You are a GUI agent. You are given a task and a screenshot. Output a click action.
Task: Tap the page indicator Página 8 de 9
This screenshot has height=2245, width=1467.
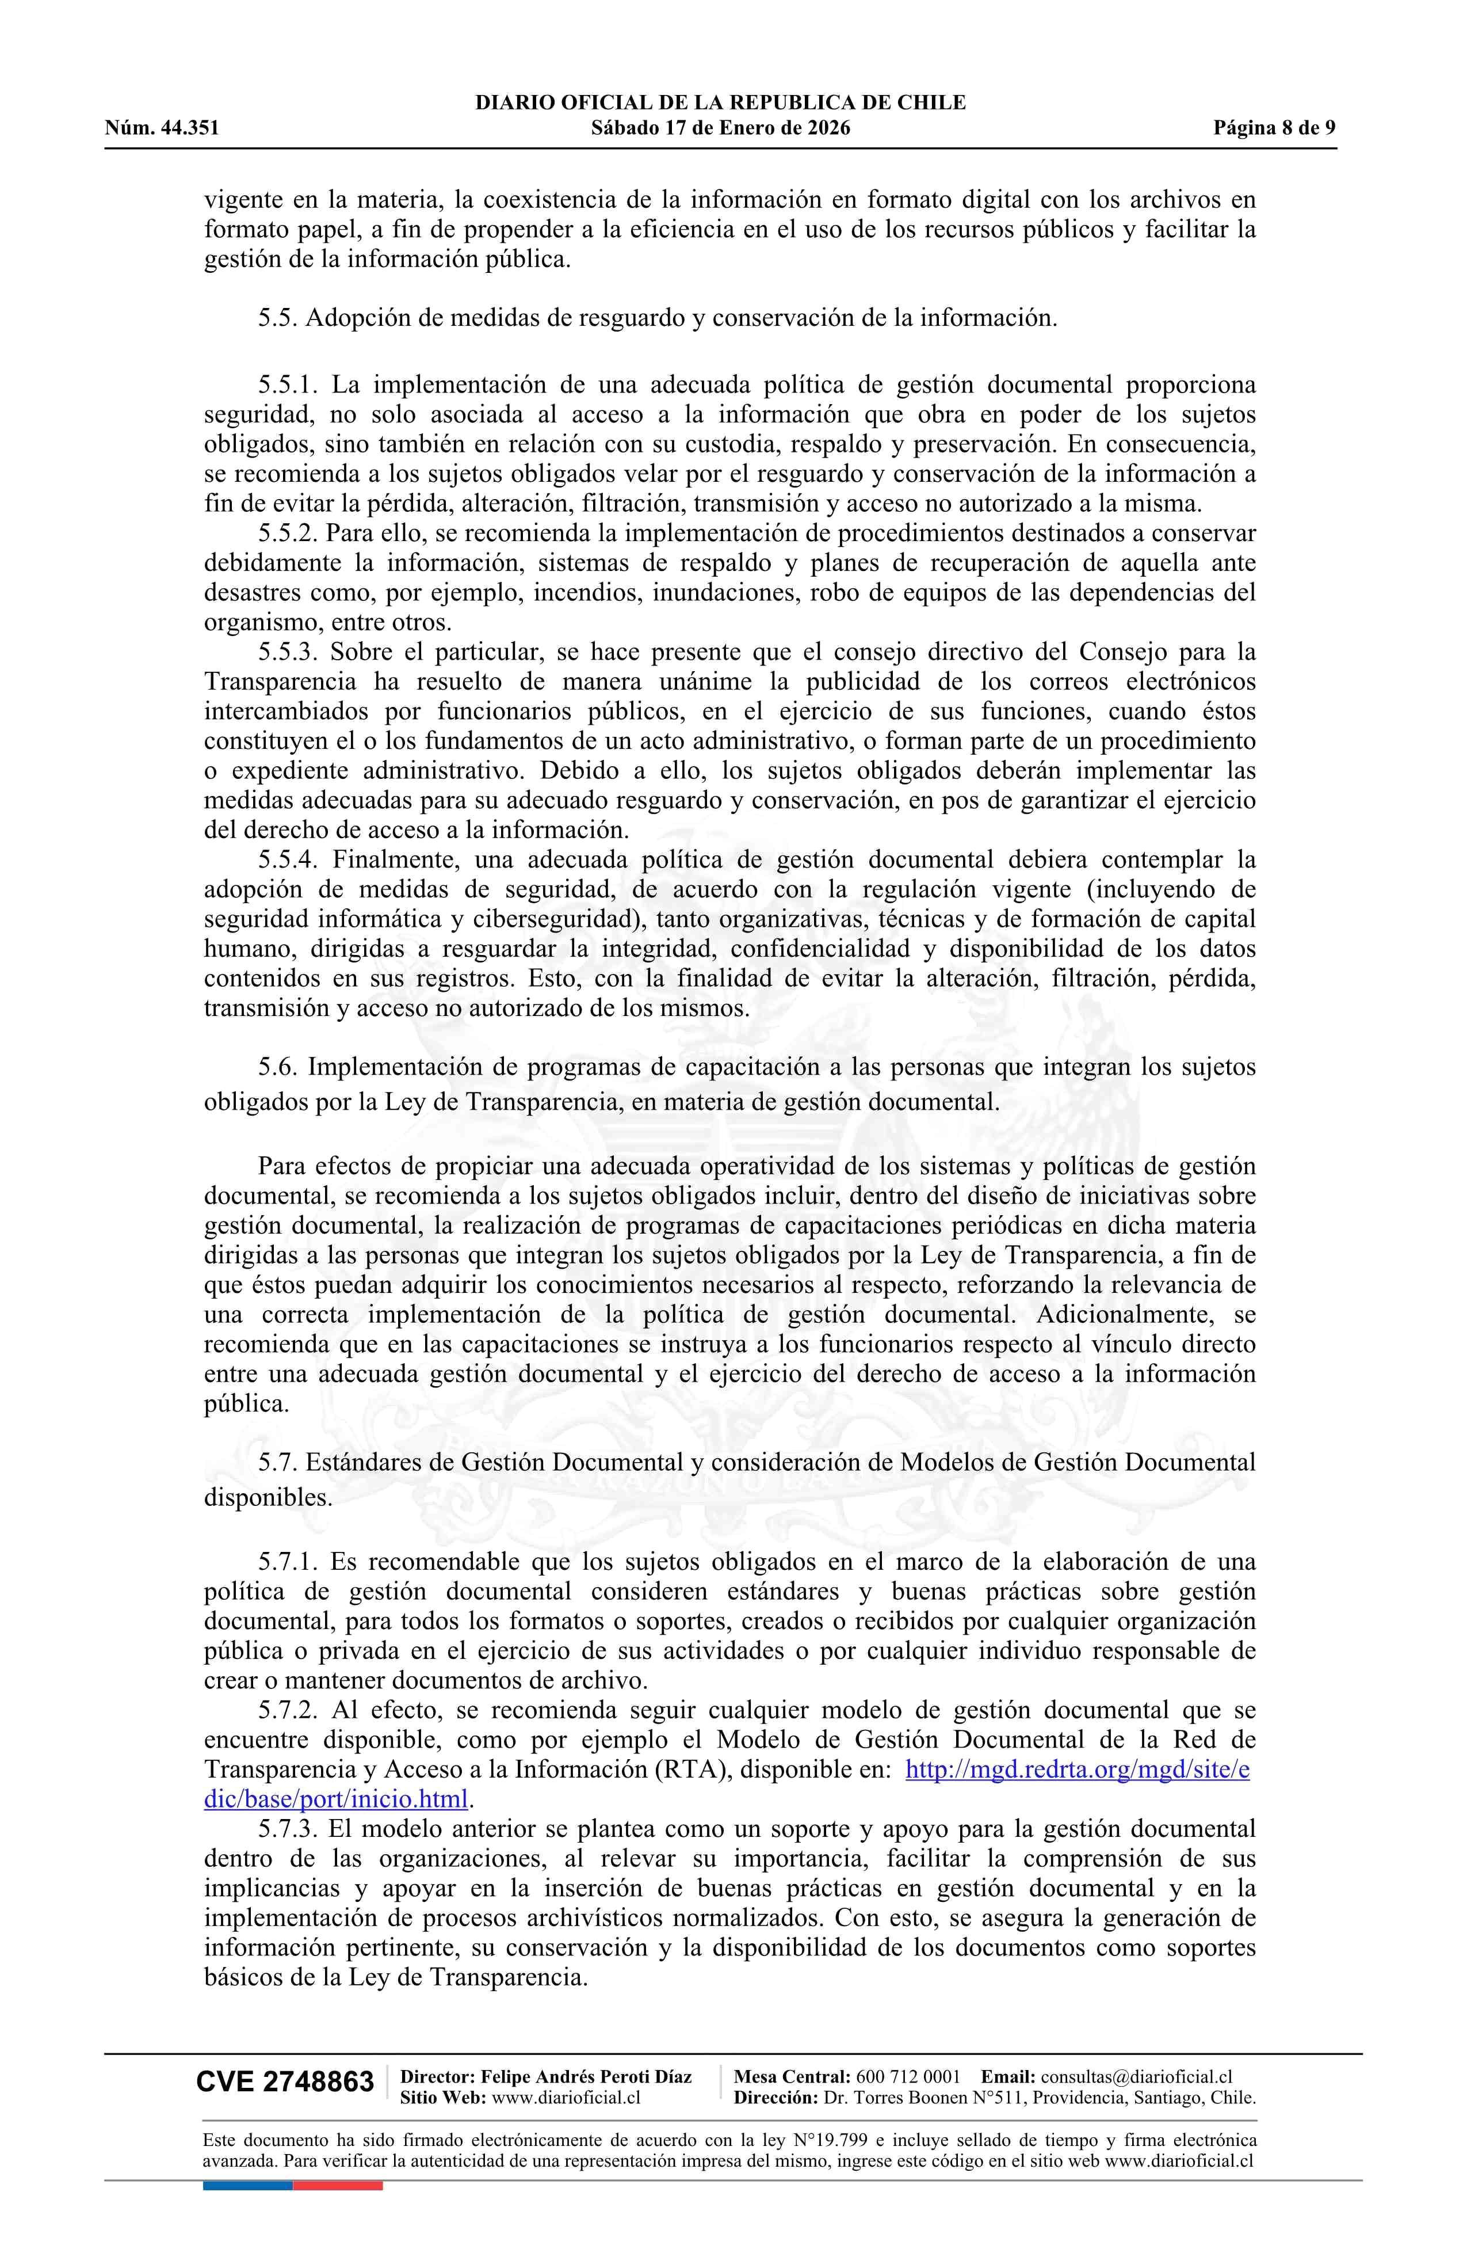coord(1275,128)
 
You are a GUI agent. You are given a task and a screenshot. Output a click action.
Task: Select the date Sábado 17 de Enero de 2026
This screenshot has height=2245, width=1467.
coord(720,128)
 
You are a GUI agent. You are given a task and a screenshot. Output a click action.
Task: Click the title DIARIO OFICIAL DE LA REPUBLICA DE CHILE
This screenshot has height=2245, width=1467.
coord(720,103)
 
